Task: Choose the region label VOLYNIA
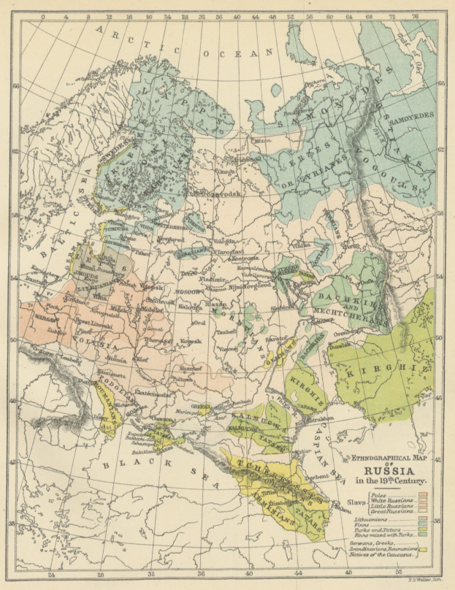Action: (93, 338)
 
